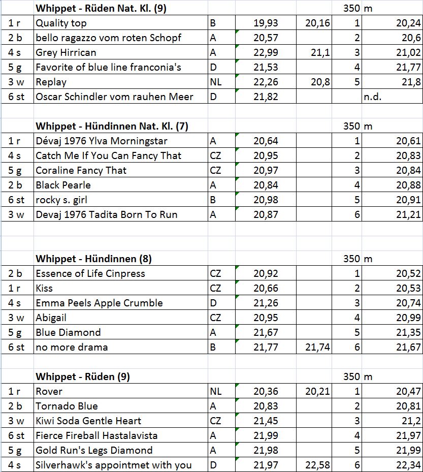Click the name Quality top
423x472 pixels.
tap(61, 23)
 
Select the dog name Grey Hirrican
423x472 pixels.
tap(66, 52)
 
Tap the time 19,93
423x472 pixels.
tap(266, 23)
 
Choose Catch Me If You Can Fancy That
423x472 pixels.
tap(108, 155)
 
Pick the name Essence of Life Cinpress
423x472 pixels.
tap(90, 273)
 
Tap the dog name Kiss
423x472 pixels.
tap(44, 288)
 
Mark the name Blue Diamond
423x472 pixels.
tap(68, 332)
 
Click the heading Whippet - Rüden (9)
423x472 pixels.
tap(82, 376)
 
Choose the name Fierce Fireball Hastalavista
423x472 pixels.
tap(96, 435)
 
